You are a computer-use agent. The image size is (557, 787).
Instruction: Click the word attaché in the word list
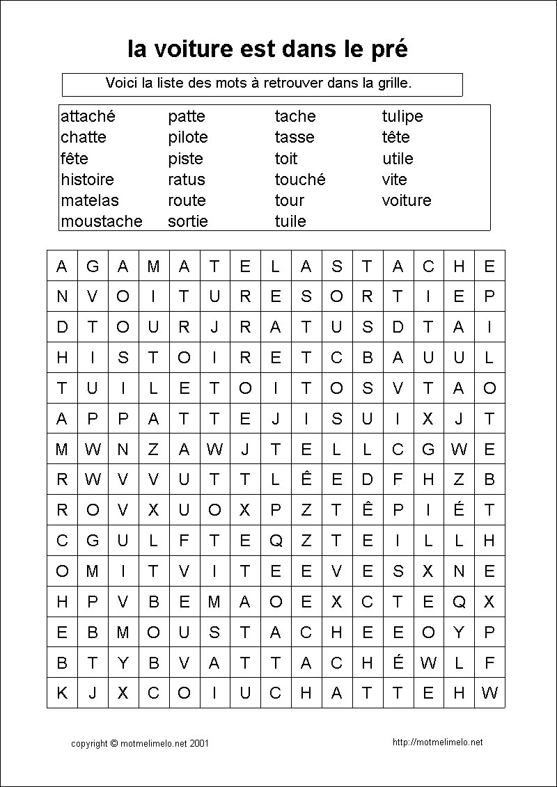[x=88, y=116]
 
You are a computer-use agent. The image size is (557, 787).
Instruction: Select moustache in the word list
[x=101, y=221]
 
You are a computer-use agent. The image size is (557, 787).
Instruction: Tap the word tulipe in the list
[x=402, y=116]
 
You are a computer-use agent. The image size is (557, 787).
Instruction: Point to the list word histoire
[x=87, y=180]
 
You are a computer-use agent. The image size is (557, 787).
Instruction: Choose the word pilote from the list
[x=187, y=137]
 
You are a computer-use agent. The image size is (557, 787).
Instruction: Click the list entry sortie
[x=187, y=221]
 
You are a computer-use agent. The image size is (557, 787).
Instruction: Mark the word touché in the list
[x=300, y=180]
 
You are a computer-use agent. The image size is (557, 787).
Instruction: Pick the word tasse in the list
[x=295, y=137]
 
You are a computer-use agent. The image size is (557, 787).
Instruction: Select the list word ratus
[x=187, y=180]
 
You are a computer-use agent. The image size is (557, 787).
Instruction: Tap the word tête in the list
[x=395, y=137]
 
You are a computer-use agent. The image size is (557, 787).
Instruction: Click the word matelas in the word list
[x=90, y=200]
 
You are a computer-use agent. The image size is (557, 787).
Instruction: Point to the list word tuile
[x=290, y=221]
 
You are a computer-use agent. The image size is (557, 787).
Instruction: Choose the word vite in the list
[x=394, y=180]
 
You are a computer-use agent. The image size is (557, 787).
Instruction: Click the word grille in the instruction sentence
[x=393, y=83]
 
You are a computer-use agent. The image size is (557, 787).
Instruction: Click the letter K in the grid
[x=62, y=693]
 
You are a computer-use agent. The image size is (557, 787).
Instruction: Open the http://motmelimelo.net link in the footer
[x=437, y=742]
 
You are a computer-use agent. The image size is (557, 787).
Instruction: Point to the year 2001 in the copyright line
[x=198, y=744]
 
